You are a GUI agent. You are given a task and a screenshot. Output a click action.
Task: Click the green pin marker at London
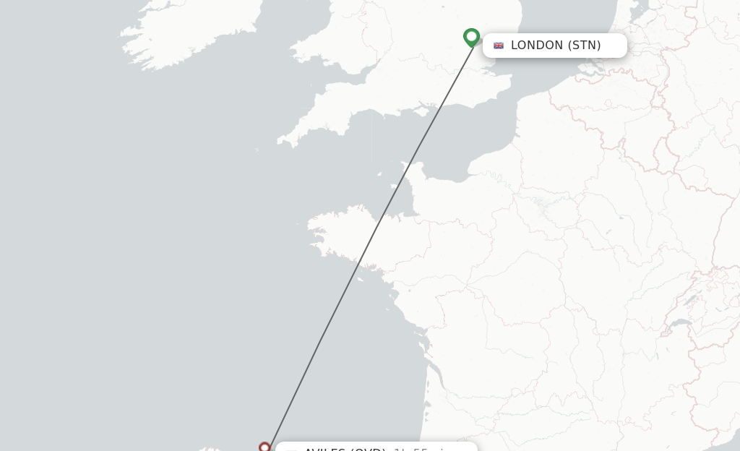(471, 36)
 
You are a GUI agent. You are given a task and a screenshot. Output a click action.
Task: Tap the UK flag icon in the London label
(499, 46)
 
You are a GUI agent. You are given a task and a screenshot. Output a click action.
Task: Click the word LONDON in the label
(536, 46)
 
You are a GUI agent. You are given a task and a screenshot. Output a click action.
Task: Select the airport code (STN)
(584, 46)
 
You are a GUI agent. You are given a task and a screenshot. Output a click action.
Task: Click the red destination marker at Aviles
(264, 447)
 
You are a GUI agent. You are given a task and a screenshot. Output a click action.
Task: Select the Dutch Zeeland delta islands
(582, 72)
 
